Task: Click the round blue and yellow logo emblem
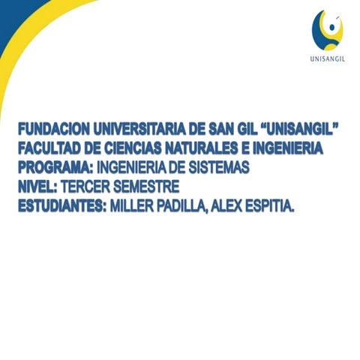coord(327,29)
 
